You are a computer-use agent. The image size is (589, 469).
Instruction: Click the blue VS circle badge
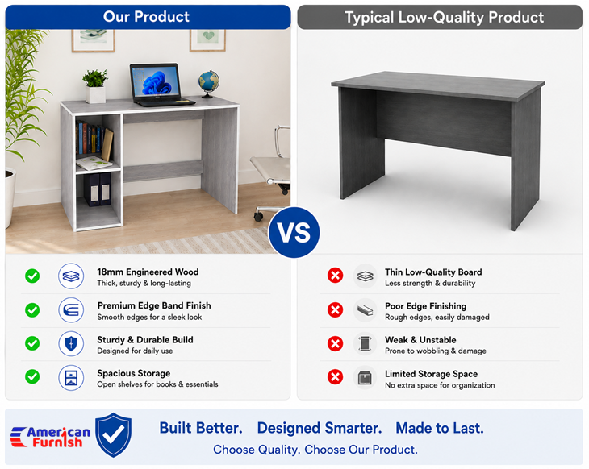pos(294,232)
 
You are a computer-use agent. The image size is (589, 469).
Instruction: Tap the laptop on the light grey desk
pos(160,85)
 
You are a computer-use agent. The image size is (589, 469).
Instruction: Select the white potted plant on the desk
pos(95,86)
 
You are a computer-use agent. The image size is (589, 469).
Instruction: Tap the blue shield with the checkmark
pos(114,435)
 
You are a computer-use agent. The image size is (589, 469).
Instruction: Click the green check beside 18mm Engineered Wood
pos(32,276)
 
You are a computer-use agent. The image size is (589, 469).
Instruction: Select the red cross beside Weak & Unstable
pos(335,343)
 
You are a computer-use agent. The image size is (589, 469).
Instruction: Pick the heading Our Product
pos(146,17)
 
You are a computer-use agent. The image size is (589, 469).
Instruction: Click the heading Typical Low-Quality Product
pos(444,18)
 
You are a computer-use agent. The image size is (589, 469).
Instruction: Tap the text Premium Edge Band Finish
pos(154,305)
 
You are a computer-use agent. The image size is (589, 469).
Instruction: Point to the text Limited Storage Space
pos(431,374)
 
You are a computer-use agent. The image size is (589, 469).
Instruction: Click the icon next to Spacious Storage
pos(71,377)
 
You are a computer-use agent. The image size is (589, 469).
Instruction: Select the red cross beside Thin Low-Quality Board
pos(335,276)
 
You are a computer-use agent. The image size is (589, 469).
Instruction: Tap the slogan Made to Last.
pos(440,428)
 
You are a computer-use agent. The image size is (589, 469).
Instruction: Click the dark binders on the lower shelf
pos(98,189)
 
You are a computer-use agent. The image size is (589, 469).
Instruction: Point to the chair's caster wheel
pos(258,216)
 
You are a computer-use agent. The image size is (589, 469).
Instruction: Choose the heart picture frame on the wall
pos(207,39)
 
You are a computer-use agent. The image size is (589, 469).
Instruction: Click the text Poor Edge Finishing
pos(425,306)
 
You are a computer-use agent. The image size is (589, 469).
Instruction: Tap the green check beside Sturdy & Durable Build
pos(32,343)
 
